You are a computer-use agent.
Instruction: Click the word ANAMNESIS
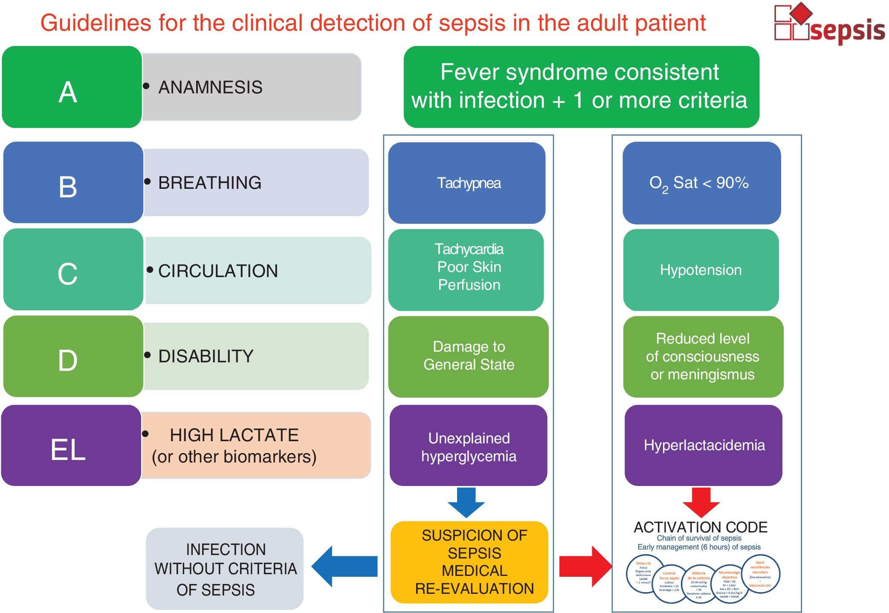(210, 87)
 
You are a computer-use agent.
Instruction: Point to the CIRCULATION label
(218, 271)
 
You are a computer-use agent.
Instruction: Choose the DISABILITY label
(206, 356)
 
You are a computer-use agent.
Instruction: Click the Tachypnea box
(467, 183)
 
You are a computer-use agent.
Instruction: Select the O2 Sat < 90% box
(701, 183)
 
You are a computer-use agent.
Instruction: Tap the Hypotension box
(701, 270)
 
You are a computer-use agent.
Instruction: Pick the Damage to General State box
(468, 356)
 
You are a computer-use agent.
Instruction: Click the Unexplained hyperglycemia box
(468, 446)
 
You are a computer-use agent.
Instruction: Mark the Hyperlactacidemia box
(704, 445)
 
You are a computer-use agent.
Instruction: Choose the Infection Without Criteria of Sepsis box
(225, 569)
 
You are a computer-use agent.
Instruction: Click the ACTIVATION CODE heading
(700, 527)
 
